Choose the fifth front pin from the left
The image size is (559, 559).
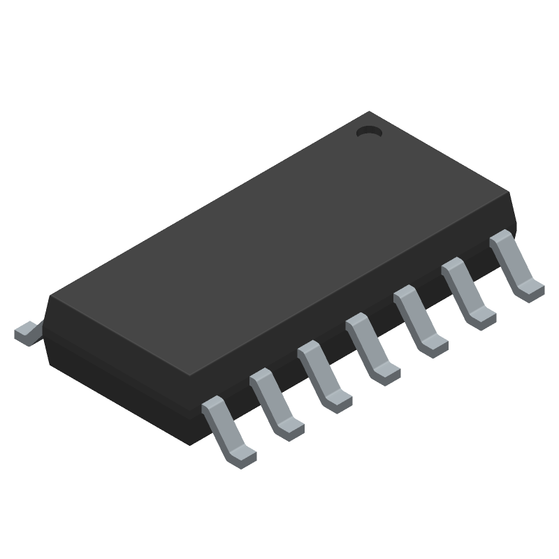click(x=419, y=321)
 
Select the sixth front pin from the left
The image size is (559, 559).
click(x=467, y=293)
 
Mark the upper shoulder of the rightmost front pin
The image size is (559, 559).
click(x=501, y=240)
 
